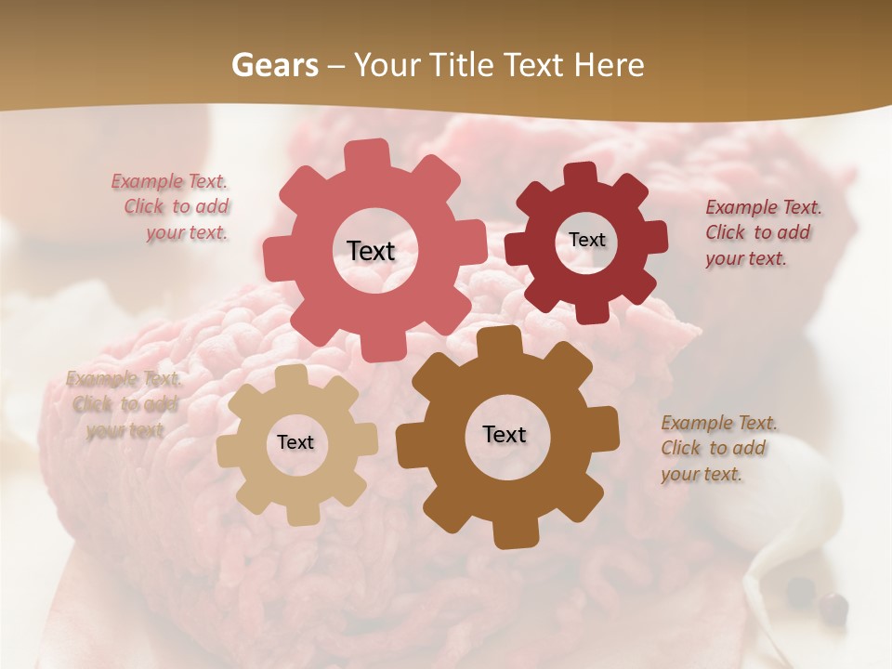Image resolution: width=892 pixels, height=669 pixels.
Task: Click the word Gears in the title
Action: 274,65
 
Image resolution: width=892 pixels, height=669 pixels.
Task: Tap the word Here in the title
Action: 610,65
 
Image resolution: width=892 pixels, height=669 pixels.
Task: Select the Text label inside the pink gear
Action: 371,251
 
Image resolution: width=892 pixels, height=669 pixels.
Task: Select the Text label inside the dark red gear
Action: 586,240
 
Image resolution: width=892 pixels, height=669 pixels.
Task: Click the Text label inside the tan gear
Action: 295,443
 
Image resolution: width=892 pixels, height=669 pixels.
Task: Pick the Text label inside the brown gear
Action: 505,434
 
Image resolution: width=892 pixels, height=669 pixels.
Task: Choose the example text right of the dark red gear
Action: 762,233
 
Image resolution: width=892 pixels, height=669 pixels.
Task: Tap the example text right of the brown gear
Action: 717,449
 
